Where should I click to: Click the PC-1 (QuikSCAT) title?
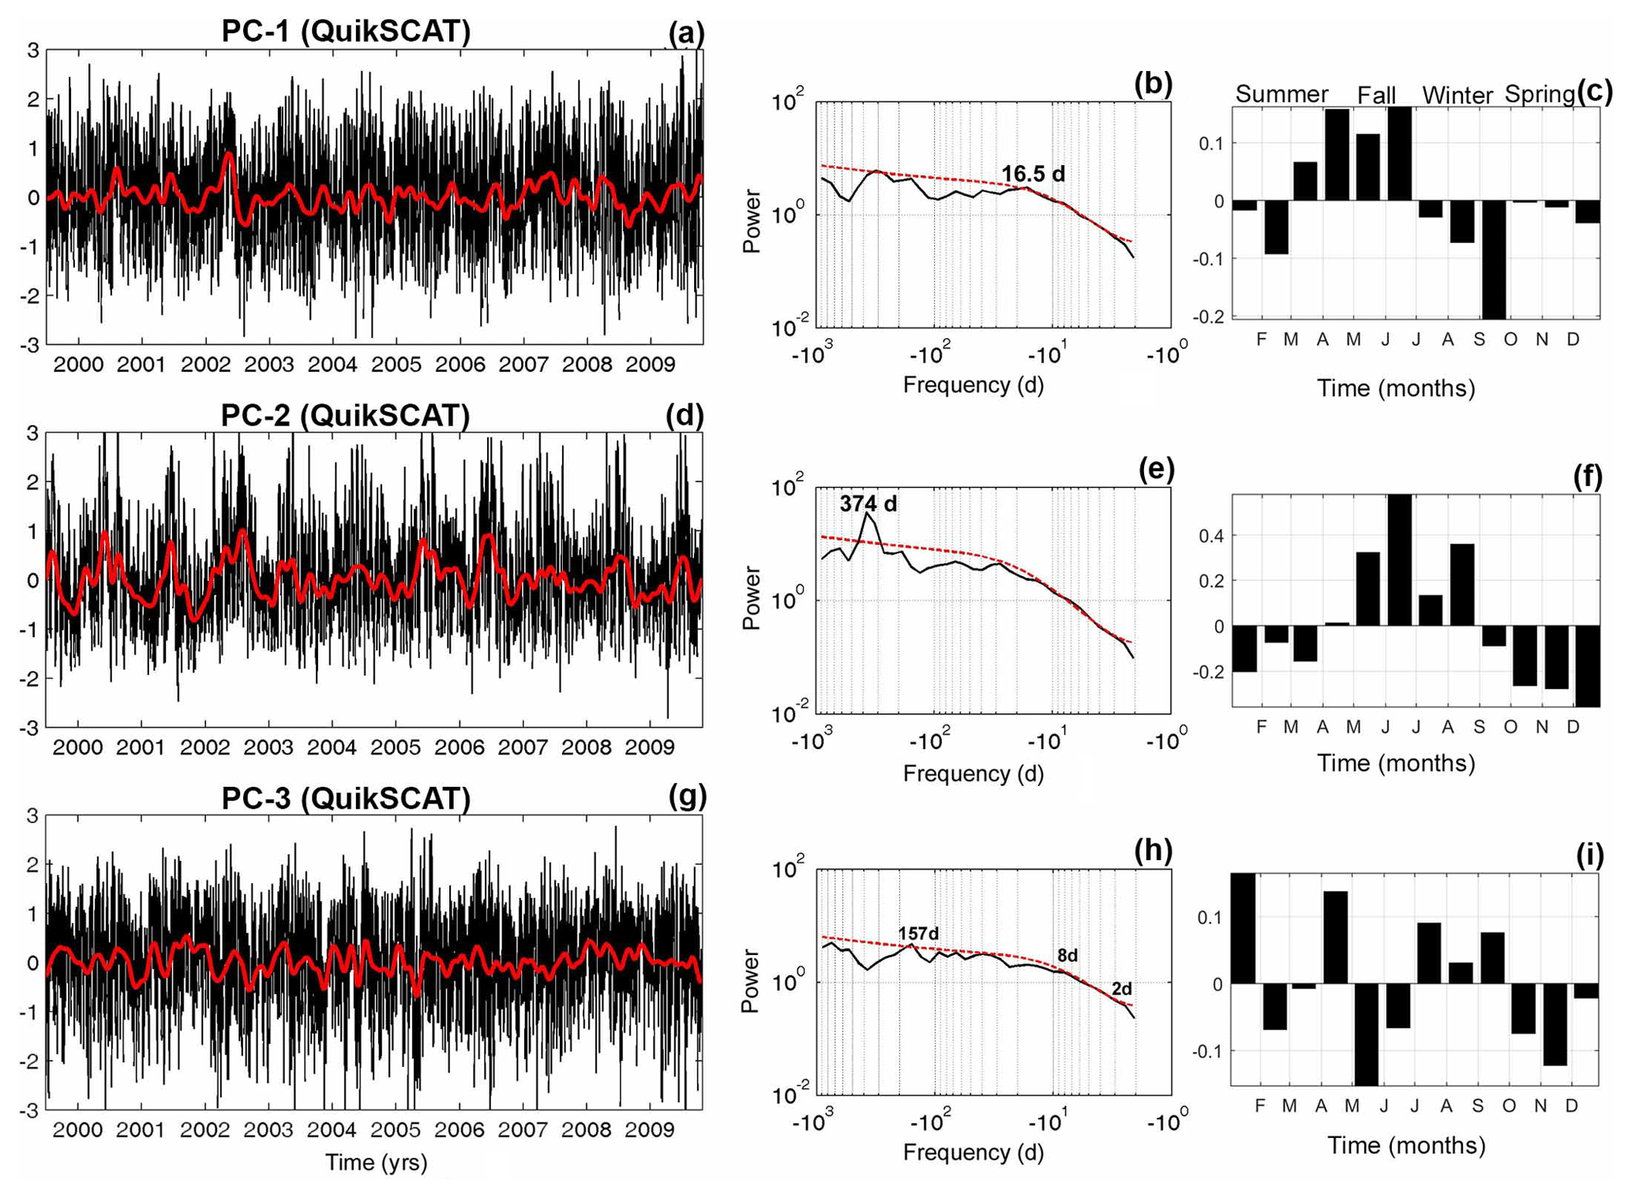(x=346, y=32)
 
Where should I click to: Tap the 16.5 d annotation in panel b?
(x=1033, y=174)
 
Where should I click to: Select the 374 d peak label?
(x=868, y=504)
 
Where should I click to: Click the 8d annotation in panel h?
(x=1067, y=956)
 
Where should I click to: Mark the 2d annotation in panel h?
(x=1121, y=989)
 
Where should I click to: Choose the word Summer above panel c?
(x=1281, y=95)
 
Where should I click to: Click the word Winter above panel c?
(x=1457, y=96)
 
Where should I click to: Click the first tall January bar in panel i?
(x=1243, y=928)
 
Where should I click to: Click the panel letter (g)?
(x=687, y=797)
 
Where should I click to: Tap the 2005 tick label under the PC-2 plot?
(x=396, y=747)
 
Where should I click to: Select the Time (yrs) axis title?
(x=376, y=1162)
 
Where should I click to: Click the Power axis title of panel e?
(x=752, y=598)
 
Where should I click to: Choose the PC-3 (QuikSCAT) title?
(x=346, y=799)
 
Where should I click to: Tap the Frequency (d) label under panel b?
(x=973, y=385)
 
